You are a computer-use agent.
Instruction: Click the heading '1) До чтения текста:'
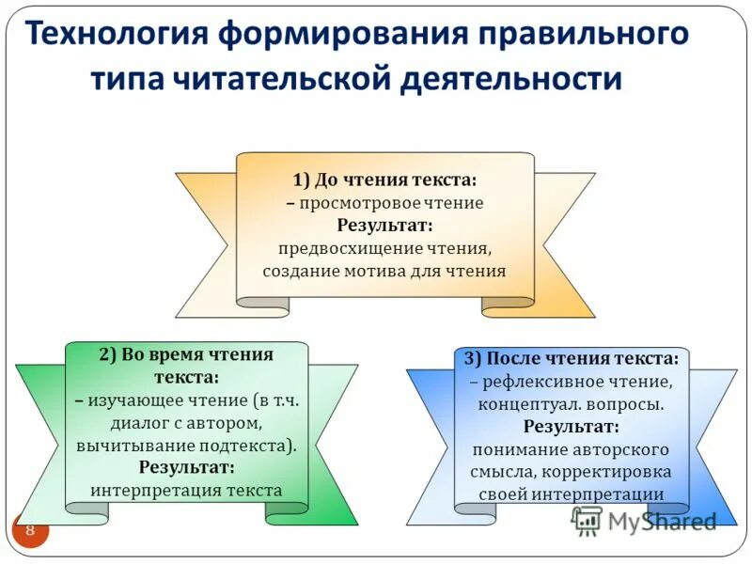coord(384,179)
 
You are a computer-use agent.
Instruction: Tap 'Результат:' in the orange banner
coord(384,226)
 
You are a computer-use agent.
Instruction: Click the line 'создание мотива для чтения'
coord(384,271)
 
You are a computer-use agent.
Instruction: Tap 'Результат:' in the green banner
coord(186,467)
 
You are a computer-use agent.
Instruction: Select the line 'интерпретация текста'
coord(186,490)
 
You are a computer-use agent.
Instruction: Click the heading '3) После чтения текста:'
coord(571,358)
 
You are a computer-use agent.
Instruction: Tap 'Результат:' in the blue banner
coord(571,427)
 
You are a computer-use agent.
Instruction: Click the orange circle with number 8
coord(29,531)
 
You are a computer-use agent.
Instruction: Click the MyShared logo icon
coord(587,520)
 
